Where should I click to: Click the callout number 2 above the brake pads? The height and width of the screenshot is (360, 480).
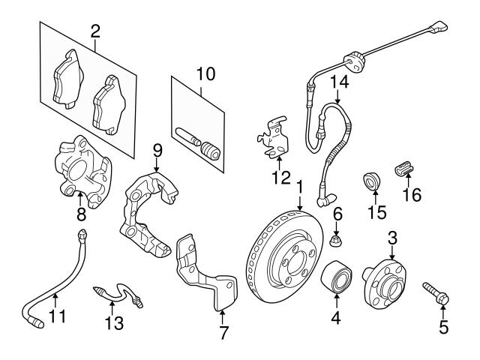pos(95,31)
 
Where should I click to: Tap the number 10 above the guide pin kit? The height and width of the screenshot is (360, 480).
pos(205,73)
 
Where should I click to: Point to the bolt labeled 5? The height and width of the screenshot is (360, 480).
pos(437,293)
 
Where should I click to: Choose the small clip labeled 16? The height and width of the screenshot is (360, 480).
pos(404,167)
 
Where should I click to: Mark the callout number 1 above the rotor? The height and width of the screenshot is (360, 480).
pos(298,185)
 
